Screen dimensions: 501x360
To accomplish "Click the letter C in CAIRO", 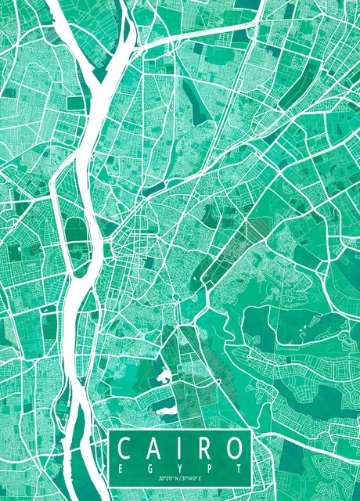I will coord(125,450).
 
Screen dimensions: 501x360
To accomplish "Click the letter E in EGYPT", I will coord(121,467).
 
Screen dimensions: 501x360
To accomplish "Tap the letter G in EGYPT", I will coord(149,467).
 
